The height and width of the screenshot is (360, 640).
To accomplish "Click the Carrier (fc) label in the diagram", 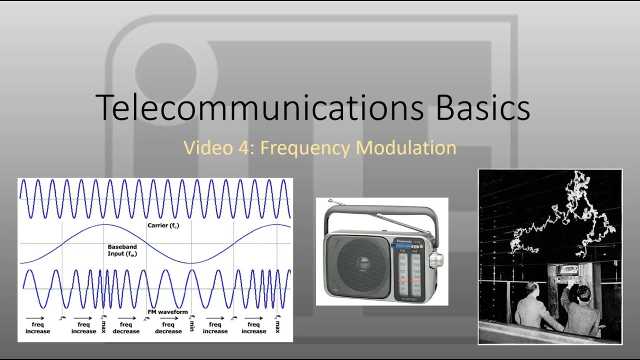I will pos(163,225).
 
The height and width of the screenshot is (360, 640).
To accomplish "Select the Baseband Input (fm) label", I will pos(122,250).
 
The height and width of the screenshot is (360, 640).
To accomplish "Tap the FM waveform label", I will pos(167,312).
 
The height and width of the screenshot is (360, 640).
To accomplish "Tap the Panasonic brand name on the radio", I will pos(405,240).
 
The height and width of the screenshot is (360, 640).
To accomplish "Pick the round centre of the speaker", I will pos(356,264).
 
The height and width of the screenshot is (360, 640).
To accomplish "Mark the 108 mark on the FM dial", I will pos(402,258).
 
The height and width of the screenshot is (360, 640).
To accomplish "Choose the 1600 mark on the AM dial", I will pos(417,258).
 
